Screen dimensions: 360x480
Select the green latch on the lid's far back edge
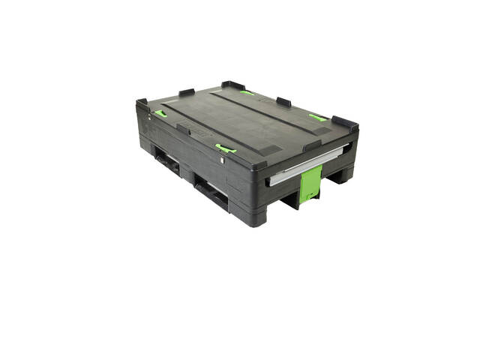(x=247, y=93)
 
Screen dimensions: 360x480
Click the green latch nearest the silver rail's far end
(x=318, y=118)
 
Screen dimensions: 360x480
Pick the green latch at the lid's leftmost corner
(x=160, y=114)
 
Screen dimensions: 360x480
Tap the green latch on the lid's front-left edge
(x=225, y=148)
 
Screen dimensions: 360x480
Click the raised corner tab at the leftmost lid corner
(x=142, y=103)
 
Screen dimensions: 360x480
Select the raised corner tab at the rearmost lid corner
(x=232, y=85)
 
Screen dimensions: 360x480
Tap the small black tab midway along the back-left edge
(x=187, y=92)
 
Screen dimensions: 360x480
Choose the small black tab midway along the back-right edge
(x=283, y=101)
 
